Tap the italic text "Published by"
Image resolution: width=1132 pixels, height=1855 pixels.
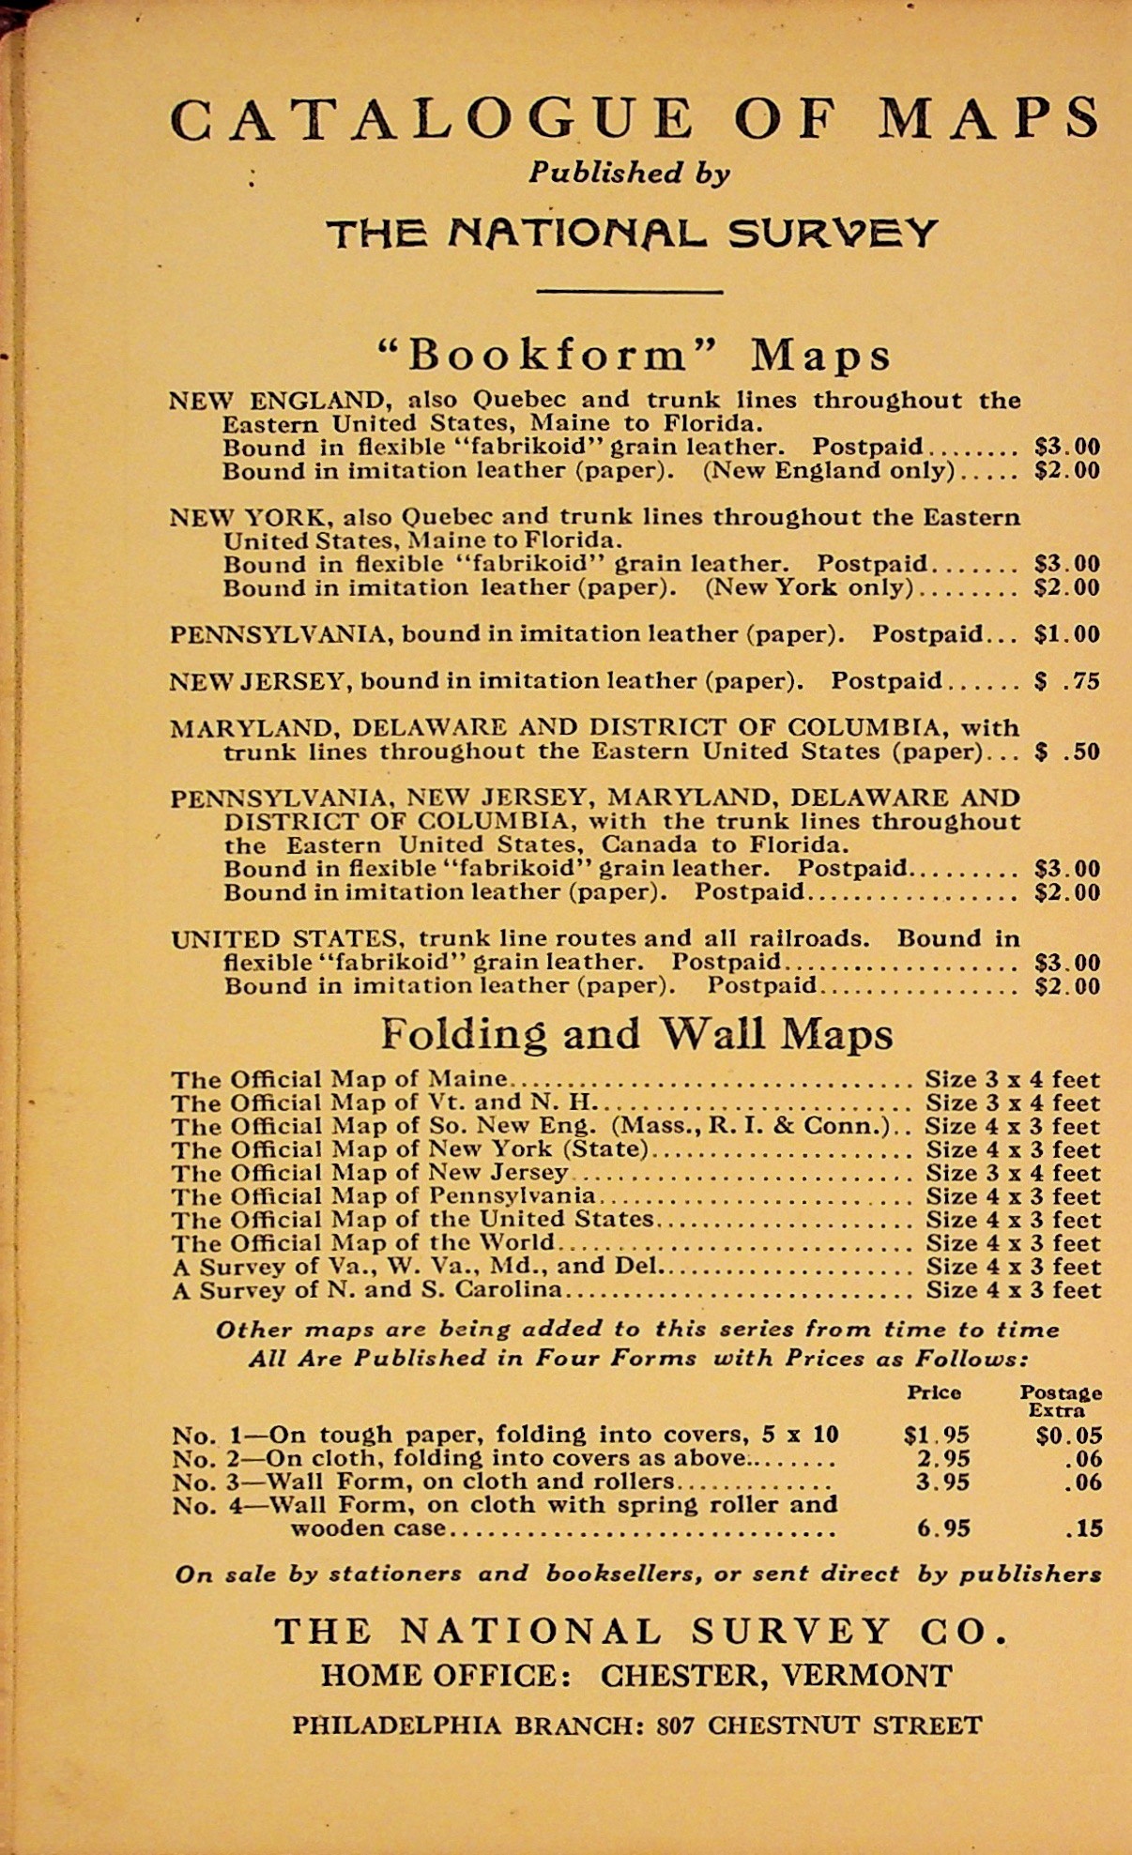(629, 173)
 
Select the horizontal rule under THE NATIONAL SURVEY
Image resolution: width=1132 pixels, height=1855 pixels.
(629, 291)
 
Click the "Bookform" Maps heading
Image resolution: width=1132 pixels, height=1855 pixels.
(634, 355)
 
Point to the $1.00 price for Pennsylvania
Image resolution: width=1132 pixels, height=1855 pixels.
(1066, 634)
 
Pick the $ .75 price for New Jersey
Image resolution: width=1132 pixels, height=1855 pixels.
(1066, 681)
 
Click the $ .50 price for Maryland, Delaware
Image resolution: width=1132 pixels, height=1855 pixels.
(1066, 752)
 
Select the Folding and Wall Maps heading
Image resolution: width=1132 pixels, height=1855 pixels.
(636, 1034)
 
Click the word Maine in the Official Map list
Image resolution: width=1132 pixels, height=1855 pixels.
(467, 1079)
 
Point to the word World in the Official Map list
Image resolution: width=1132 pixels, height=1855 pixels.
(517, 1243)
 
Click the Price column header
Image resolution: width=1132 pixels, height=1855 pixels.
(934, 1392)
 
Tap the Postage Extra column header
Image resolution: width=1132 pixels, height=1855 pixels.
(1061, 1401)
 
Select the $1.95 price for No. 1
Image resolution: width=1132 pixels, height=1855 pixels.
(937, 1436)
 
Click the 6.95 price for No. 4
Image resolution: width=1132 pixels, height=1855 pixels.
(943, 1528)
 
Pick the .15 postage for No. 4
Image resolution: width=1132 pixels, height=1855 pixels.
(1084, 1528)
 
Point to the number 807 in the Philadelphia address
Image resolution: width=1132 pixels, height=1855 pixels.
(676, 1726)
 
